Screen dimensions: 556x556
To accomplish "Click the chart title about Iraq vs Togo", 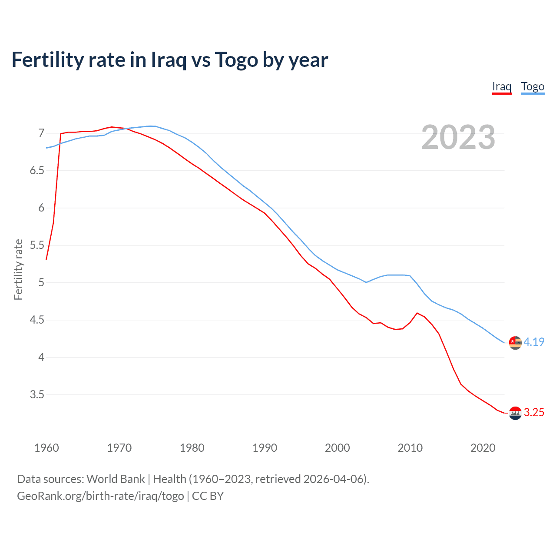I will [x=169, y=60].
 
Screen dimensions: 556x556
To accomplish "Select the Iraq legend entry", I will [x=501, y=86].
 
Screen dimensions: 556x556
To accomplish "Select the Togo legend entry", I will [x=533, y=86].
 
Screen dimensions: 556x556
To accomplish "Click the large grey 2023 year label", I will [x=458, y=137].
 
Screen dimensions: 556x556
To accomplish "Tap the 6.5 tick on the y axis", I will [x=37, y=170].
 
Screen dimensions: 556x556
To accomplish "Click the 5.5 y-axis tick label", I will [x=37, y=245].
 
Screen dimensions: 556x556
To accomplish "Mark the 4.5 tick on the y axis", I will [x=37, y=320].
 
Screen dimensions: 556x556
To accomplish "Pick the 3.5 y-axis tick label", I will [x=37, y=395].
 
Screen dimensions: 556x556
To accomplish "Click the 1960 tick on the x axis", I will [x=46, y=448].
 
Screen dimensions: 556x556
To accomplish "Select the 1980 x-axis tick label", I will [x=192, y=448].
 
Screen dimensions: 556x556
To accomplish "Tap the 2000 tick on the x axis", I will [x=337, y=448].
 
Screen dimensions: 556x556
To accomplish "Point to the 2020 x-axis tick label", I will [x=483, y=448].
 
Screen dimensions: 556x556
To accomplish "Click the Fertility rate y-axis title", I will [x=18, y=269].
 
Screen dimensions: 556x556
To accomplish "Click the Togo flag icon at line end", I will [x=515, y=342].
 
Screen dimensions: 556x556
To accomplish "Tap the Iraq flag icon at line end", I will [x=515, y=413].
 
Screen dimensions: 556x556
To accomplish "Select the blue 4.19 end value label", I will [x=534, y=342].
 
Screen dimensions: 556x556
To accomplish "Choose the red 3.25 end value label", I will [x=534, y=412].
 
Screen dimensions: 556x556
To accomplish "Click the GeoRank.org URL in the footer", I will [x=100, y=496].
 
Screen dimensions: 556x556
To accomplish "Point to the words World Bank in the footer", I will [x=116, y=479].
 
